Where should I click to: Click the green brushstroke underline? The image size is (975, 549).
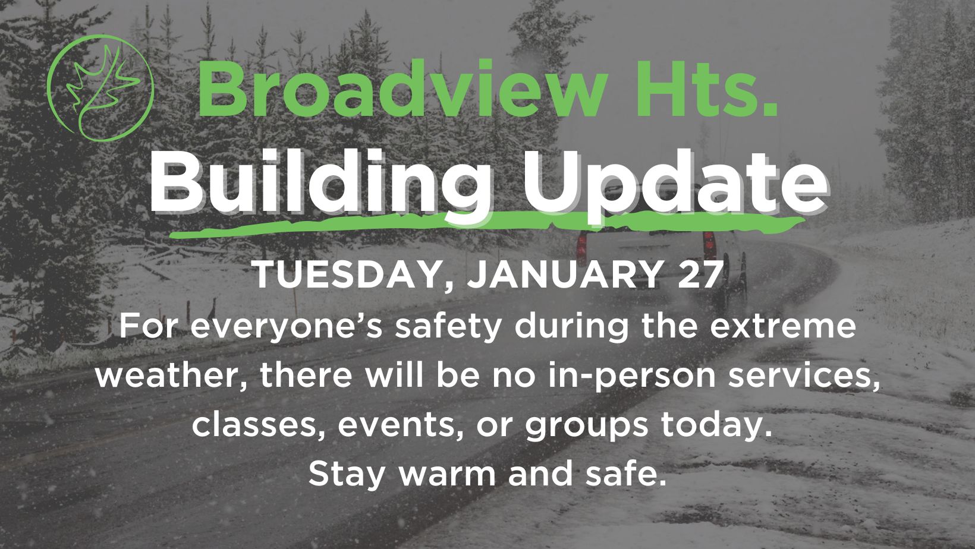pos(487,225)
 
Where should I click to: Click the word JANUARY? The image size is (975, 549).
pos(564,274)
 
